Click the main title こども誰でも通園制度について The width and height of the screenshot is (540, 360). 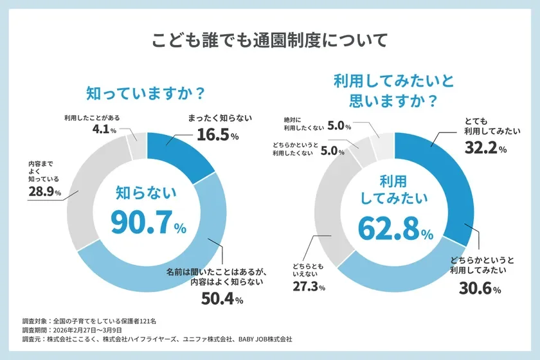tap(270, 40)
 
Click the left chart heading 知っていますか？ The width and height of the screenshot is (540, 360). tap(146, 93)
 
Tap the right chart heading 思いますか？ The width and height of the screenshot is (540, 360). tap(394, 101)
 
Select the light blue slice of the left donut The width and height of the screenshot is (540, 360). tap(193, 257)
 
